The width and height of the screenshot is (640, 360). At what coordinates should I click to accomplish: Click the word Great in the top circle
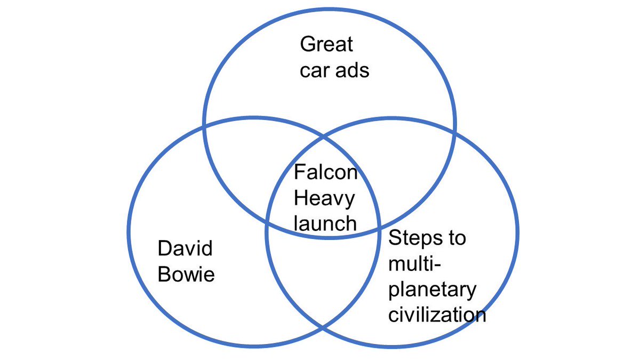(x=326, y=44)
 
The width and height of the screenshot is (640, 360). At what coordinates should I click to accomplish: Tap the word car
(x=314, y=71)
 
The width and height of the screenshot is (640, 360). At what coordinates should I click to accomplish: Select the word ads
(x=351, y=71)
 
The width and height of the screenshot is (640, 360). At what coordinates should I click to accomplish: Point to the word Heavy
(x=324, y=199)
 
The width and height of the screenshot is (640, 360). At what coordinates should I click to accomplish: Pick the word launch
(x=325, y=222)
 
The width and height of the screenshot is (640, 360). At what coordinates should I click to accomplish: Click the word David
(x=185, y=249)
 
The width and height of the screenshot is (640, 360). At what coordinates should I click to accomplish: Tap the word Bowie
(x=186, y=274)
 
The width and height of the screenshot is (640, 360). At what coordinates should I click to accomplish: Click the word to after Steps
(x=457, y=238)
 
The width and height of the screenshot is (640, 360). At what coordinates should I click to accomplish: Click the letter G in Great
(x=307, y=44)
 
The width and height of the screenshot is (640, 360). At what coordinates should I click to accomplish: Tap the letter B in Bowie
(x=164, y=274)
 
